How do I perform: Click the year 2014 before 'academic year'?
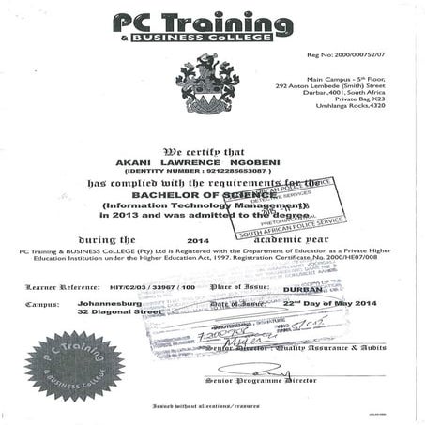tap(197, 240)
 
